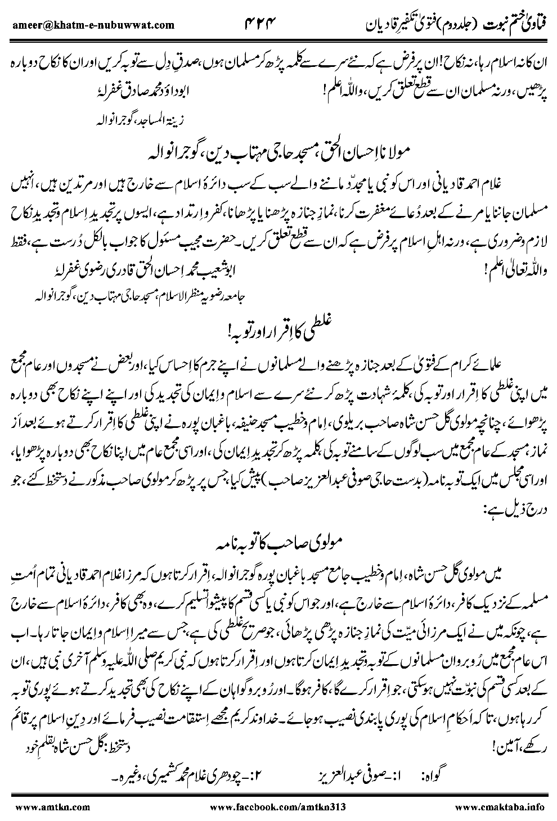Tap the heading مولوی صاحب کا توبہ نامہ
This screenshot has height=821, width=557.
tap(278, 530)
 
